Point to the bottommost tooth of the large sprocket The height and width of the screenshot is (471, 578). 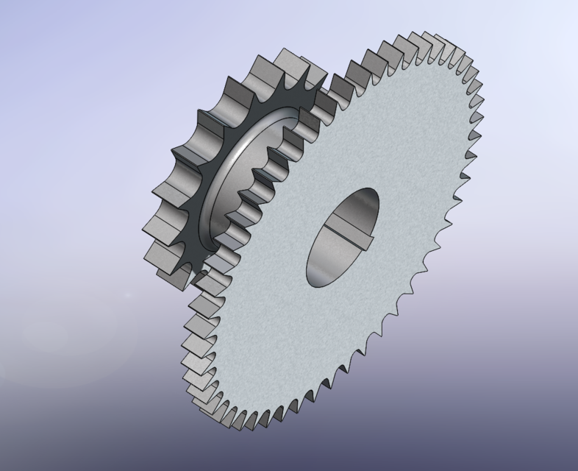pyautogui.click(x=243, y=419)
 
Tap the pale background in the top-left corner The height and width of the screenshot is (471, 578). pyautogui.click(x=29, y=29)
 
